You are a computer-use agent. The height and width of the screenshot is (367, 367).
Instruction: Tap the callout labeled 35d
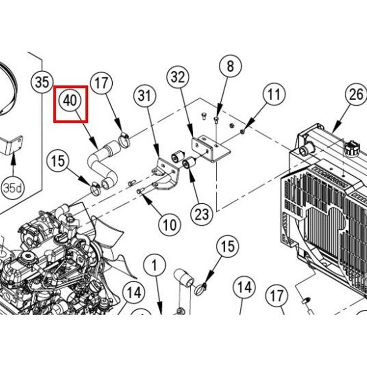pos(13,188)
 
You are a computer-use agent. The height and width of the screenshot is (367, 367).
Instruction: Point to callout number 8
pos(230,67)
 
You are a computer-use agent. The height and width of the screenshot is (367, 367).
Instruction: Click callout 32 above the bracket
pos(178,77)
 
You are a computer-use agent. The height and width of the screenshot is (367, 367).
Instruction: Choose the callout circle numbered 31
pos(145,96)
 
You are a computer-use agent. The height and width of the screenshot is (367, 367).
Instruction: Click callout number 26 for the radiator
pos(356,95)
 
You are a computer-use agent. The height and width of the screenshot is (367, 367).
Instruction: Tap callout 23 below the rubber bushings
pos(201,214)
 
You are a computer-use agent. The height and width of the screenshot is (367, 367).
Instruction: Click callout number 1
pos(155,264)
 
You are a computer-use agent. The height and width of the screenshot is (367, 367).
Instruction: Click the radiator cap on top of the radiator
pos(352,148)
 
